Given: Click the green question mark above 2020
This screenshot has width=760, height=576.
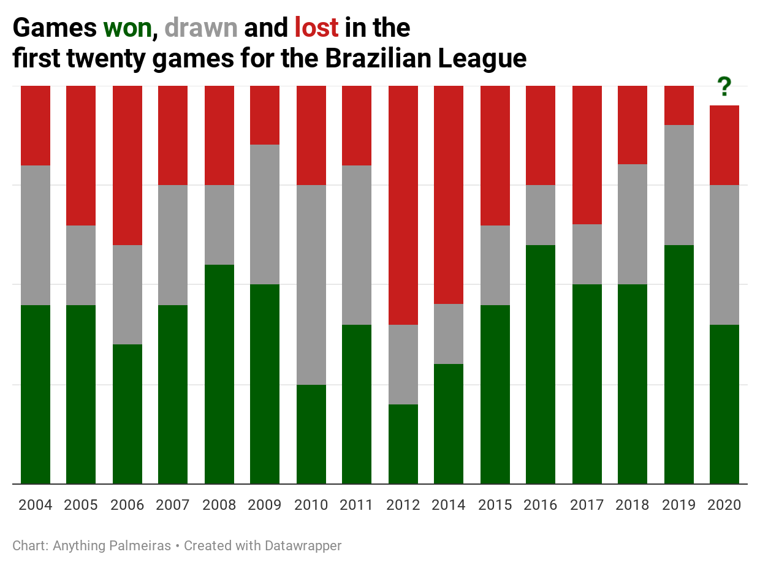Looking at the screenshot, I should (x=724, y=87).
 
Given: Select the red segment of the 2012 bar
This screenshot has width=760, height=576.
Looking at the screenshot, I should (x=403, y=205).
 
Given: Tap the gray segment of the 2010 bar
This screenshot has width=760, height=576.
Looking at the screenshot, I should (x=311, y=285).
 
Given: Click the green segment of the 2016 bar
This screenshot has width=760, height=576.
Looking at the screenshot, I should (x=541, y=365).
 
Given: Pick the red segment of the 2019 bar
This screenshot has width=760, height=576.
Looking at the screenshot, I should (x=679, y=105).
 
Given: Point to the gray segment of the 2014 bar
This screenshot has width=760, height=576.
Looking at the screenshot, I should (x=449, y=334).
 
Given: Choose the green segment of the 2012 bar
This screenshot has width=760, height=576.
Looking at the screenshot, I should (x=403, y=444).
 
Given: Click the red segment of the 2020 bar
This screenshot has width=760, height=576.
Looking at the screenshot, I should (x=724, y=145).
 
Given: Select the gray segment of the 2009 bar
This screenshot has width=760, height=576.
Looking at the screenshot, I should (x=265, y=214).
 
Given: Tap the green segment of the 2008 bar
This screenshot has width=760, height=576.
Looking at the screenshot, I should (x=219, y=374).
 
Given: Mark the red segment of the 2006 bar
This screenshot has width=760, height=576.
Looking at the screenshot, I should (x=127, y=165).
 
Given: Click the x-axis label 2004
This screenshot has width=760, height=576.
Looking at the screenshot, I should (x=36, y=505).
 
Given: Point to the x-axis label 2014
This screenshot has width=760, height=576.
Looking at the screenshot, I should (x=449, y=505).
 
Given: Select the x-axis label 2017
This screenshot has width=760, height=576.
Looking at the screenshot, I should (x=587, y=505).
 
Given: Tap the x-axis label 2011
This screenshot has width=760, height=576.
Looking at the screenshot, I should (x=357, y=505).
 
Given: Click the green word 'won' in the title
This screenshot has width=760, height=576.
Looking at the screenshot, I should (x=127, y=28).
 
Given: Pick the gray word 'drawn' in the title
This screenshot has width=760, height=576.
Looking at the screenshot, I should (x=201, y=28).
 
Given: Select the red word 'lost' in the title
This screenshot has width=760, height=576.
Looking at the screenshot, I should (x=316, y=28).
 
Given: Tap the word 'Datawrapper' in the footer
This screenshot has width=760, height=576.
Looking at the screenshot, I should (x=303, y=545).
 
